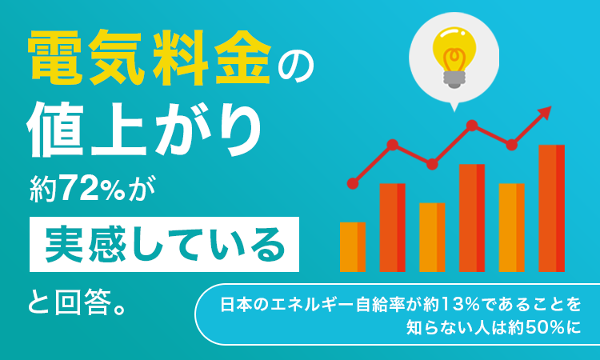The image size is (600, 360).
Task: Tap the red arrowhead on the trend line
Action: pyautogui.click(x=545, y=114)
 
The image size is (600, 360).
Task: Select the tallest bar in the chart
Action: pyautogui.click(x=551, y=208)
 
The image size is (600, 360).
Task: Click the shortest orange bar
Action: pyautogui.click(x=353, y=247)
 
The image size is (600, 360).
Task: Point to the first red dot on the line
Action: pyautogui.click(x=353, y=184)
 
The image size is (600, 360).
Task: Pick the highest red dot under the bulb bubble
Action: pyautogui.click(x=472, y=126)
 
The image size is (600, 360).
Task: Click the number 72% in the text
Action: pyautogui.click(x=93, y=189)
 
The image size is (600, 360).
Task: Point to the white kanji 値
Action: pyautogui.click(x=55, y=130)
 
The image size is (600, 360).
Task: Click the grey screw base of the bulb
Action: pyautogui.click(x=454, y=79)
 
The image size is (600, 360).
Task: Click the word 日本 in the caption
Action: pyautogui.click(x=237, y=305)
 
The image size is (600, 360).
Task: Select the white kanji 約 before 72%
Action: pyautogui.click(x=44, y=189)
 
